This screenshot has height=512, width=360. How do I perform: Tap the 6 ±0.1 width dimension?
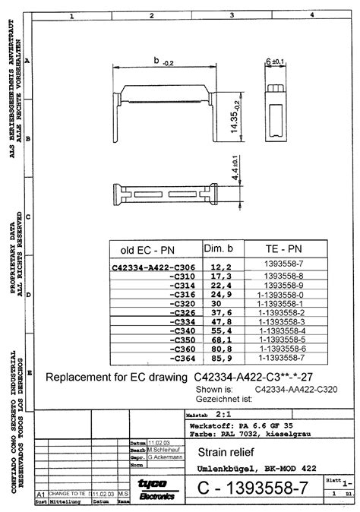[274, 61]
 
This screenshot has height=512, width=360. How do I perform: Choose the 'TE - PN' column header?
[280, 249]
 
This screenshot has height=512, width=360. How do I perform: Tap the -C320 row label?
[181, 303]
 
